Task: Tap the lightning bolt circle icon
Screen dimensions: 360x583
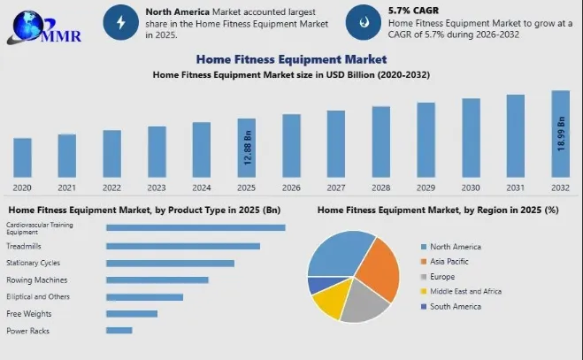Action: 121,23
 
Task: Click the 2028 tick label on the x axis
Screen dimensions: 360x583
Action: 381,188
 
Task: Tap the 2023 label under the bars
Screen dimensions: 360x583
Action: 157,188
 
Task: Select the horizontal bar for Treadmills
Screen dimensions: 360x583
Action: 183,246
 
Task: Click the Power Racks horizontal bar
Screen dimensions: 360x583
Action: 119,331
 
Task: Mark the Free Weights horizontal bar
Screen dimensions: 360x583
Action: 131,313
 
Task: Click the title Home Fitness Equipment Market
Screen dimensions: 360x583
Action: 291,59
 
